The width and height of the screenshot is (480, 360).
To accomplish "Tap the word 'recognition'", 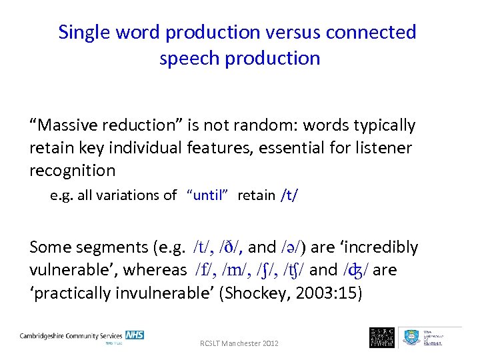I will point(72,171).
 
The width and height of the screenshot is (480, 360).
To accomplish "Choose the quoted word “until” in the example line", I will point(209,195).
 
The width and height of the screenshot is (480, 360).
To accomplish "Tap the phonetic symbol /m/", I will point(237,270).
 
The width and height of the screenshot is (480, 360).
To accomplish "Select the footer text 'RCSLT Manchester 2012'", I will point(240,343).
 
